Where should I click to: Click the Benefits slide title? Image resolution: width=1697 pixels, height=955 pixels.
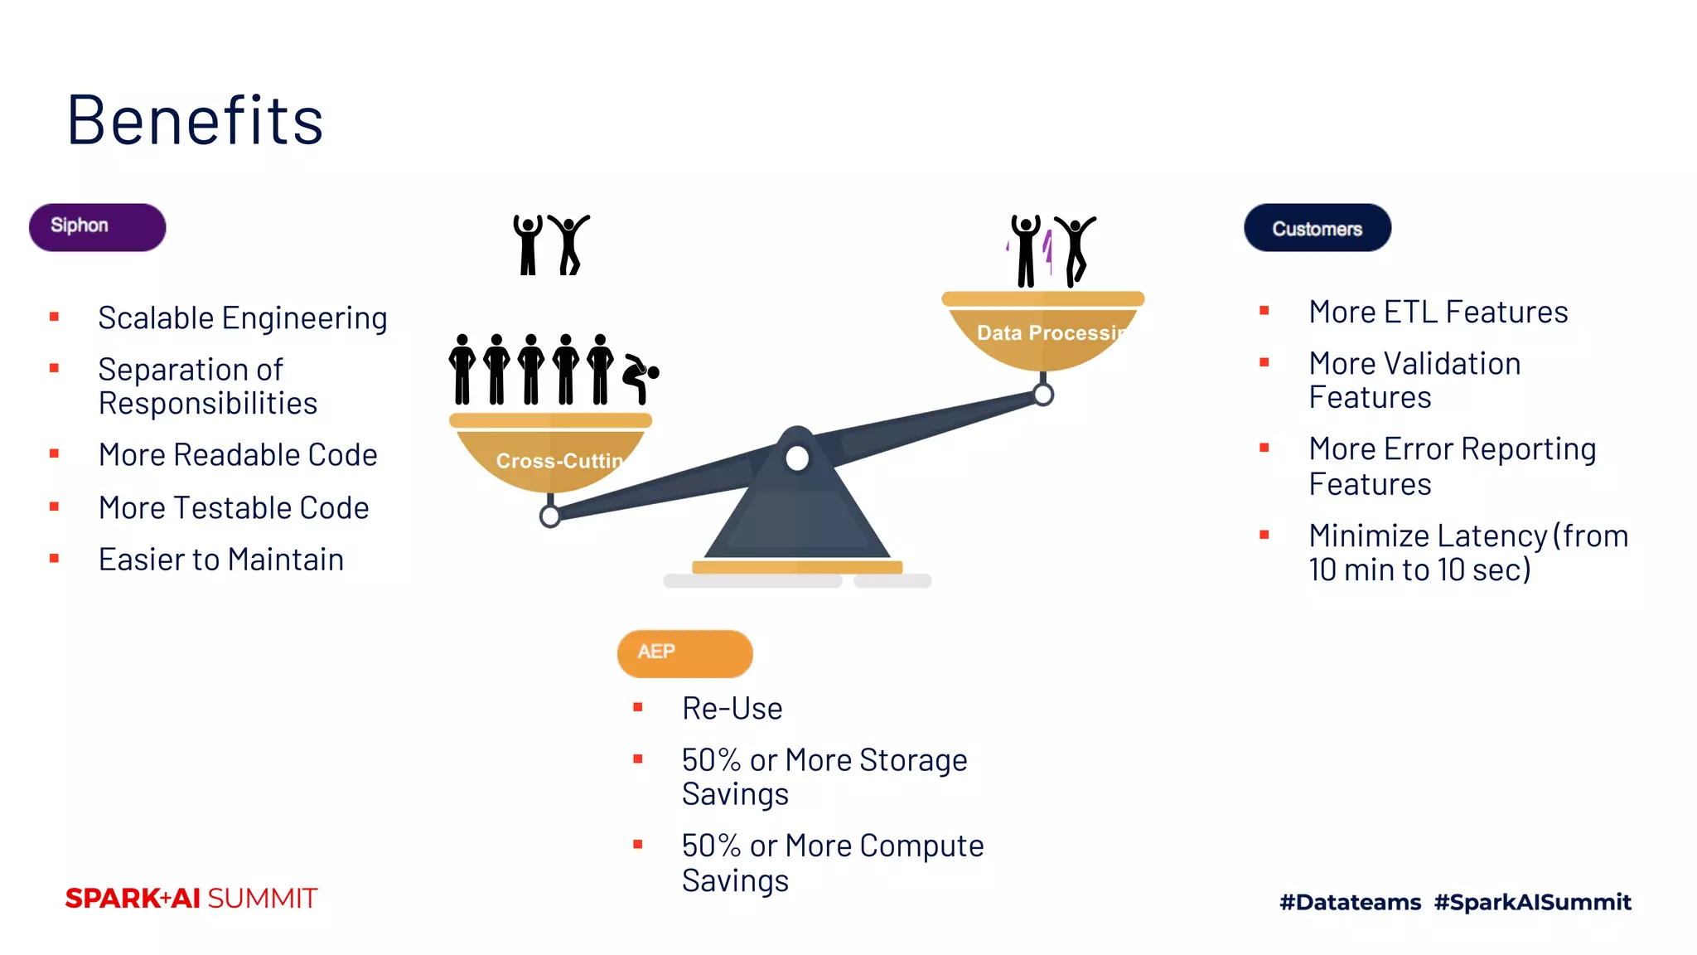pos(195,120)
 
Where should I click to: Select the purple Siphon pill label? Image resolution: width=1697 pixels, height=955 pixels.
pos(97,226)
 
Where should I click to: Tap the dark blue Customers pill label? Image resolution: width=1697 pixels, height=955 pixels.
pos(1317,228)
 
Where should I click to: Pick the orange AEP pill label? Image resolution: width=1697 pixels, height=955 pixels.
pos(684,652)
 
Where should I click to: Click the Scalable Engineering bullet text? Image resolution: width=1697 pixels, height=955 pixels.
pos(242,318)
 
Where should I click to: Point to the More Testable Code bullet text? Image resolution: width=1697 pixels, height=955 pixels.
pos(233,508)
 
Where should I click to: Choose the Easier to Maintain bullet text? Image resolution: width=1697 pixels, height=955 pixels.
pos(220,560)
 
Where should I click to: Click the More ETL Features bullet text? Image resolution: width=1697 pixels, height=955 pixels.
pos(1438,313)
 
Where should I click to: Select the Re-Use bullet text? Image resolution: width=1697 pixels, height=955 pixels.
pos(732,709)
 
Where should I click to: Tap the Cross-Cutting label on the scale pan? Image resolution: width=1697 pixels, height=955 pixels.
pos(558,461)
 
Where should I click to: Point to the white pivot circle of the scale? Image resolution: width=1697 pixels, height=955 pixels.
pos(797,458)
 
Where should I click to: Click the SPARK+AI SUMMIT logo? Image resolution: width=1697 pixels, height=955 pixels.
pos(191,899)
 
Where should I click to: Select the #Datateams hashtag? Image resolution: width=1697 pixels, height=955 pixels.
pos(1350,902)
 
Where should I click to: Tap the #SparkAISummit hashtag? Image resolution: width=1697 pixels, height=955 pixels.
pos(1532,902)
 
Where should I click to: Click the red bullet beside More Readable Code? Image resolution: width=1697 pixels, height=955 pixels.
pos(55,453)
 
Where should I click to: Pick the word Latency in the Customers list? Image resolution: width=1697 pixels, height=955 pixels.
pos(1492,536)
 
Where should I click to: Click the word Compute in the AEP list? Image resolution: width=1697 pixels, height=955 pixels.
pos(921,846)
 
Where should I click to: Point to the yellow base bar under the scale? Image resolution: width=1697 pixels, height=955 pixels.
pos(796,567)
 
